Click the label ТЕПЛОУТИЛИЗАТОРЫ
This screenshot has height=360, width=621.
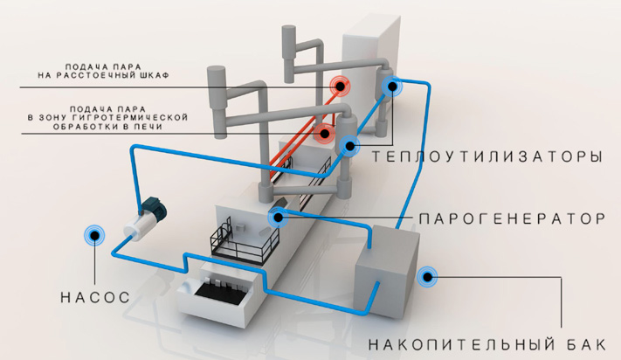click(x=486, y=157)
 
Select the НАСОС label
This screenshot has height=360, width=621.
click(x=95, y=297)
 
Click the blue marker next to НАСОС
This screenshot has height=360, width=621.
click(x=93, y=234)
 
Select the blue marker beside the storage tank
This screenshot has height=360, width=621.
click(x=428, y=275)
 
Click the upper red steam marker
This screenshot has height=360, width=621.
click(x=338, y=86)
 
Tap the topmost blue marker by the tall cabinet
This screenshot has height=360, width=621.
click(x=390, y=85)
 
